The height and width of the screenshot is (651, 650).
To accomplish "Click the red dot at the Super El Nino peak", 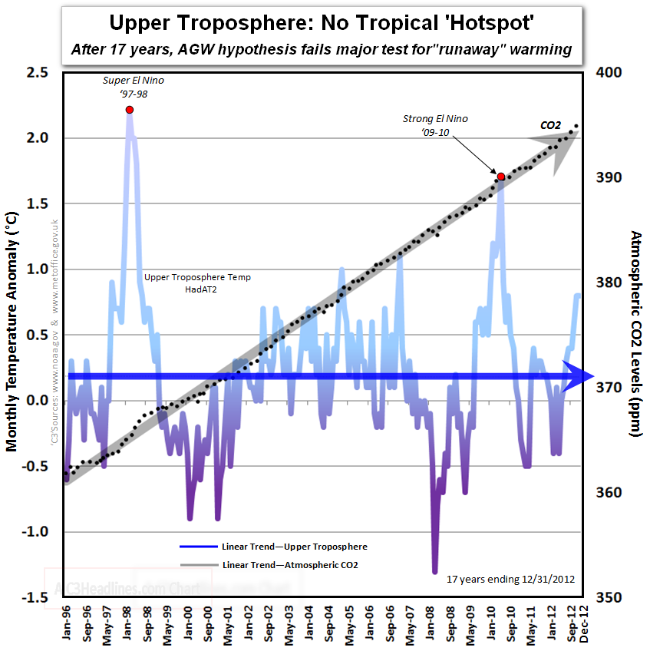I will tap(129, 110).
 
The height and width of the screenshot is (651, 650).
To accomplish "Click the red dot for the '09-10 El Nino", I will tap(501, 177).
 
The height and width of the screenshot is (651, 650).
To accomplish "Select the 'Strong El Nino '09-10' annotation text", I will tap(434, 126).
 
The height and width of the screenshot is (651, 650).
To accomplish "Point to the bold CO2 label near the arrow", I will tap(550, 125).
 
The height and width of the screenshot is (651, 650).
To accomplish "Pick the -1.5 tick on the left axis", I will tap(36, 597).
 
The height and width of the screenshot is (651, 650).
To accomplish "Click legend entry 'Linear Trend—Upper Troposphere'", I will tap(294, 547).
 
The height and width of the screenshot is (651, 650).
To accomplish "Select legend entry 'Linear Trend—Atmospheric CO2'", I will tap(290, 564).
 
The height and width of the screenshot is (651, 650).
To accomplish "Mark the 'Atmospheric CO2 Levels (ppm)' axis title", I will tap(636, 334).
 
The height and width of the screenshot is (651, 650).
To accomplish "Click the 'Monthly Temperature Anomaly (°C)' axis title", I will tap(12, 334).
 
